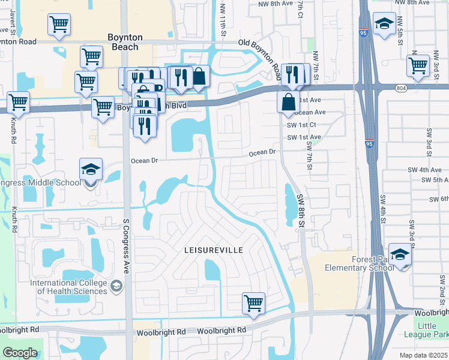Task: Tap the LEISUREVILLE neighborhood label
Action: [x=213, y=248]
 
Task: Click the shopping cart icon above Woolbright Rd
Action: [x=253, y=302]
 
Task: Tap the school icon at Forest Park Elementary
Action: [x=400, y=254]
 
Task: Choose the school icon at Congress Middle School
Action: [x=91, y=169]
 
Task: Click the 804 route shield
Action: [x=401, y=88]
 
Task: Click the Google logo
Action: [x=20, y=353]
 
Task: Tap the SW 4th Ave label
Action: [x=427, y=170]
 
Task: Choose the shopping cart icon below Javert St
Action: [x=59, y=25]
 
